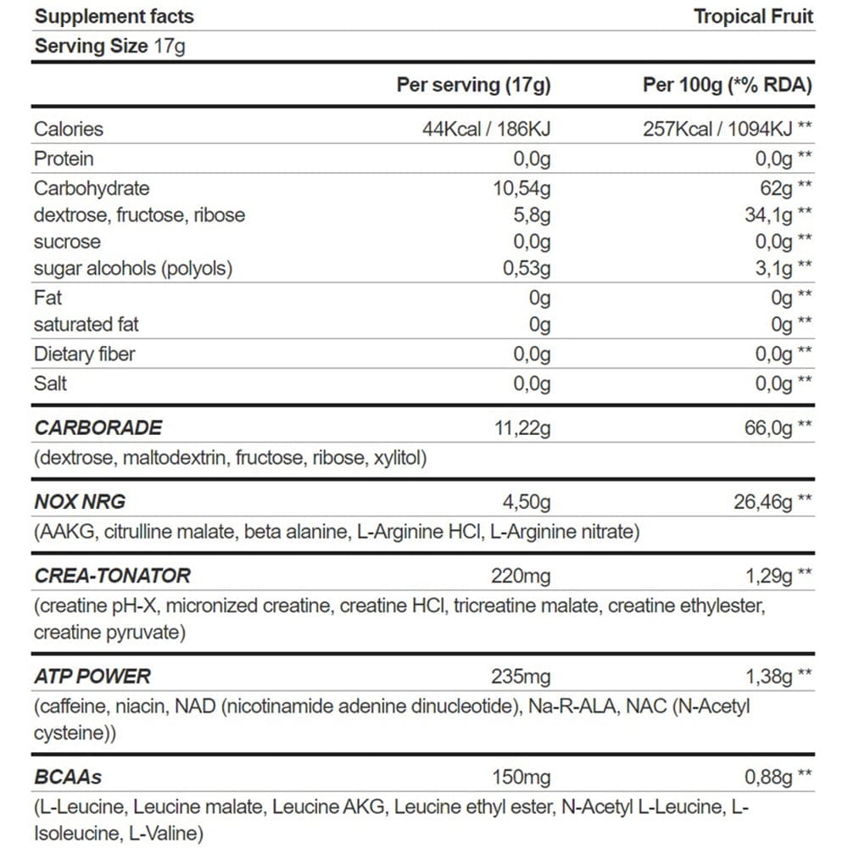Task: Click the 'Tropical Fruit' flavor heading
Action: (753, 16)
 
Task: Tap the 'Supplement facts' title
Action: (114, 16)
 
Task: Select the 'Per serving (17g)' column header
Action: (473, 85)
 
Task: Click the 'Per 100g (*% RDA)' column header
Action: (727, 85)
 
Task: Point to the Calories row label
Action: (68, 129)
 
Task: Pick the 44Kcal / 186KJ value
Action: (487, 129)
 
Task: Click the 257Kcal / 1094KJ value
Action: (717, 129)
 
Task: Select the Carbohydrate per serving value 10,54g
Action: (522, 188)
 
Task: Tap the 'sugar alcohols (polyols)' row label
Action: (132, 269)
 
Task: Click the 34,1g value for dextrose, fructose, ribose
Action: (768, 215)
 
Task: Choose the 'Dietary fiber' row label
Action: (84, 354)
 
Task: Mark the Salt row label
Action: (50, 383)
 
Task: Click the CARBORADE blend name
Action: (98, 428)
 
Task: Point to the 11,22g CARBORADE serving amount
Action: (522, 428)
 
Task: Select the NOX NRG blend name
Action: (80, 502)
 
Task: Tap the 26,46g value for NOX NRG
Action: (762, 502)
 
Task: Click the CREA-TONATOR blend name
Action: (112, 576)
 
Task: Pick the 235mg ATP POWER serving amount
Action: (521, 677)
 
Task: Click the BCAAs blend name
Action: (68, 777)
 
